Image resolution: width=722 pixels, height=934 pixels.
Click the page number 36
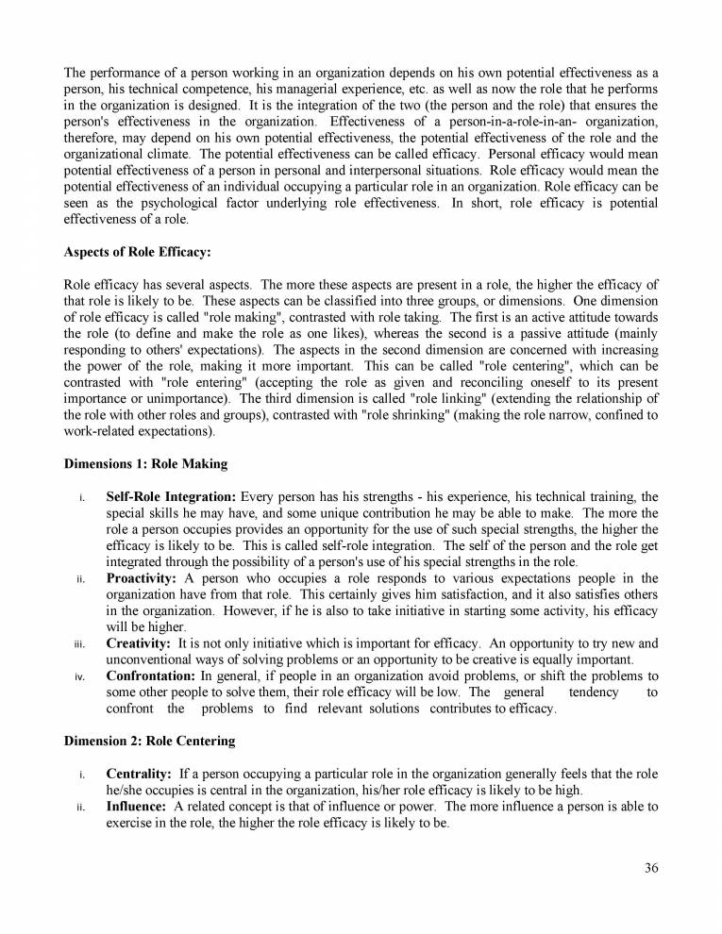point(651,869)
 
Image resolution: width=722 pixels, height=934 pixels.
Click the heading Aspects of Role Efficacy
point(138,252)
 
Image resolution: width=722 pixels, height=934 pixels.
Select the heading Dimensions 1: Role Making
point(145,464)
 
